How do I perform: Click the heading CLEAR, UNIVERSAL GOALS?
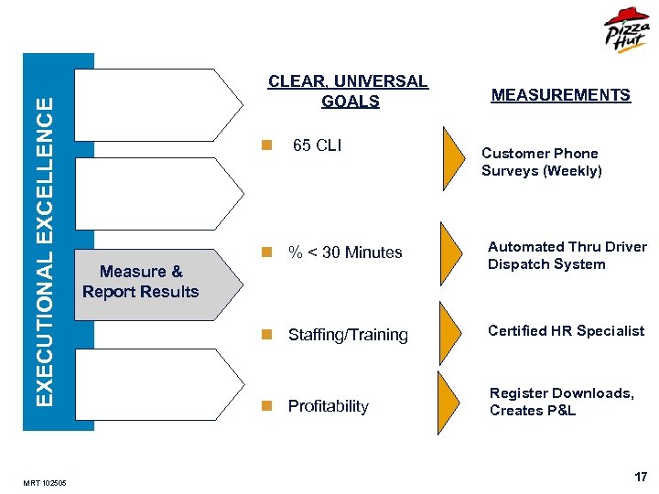pyautogui.click(x=348, y=91)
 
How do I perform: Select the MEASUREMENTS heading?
pyautogui.click(x=560, y=95)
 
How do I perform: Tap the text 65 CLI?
pyautogui.click(x=317, y=145)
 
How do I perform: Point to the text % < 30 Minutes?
pyautogui.click(x=345, y=252)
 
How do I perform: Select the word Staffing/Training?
pyautogui.click(x=348, y=335)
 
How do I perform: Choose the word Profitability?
pyautogui.click(x=328, y=406)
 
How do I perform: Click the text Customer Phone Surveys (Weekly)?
pyautogui.click(x=541, y=162)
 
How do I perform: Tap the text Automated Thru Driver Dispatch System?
pyautogui.click(x=567, y=255)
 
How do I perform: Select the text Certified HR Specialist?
pyautogui.click(x=566, y=331)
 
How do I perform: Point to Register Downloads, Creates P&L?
pyautogui.click(x=561, y=402)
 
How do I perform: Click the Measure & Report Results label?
pyautogui.click(x=140, y=282)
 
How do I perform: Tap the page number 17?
pyautogui.click(x=641, y=478)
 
